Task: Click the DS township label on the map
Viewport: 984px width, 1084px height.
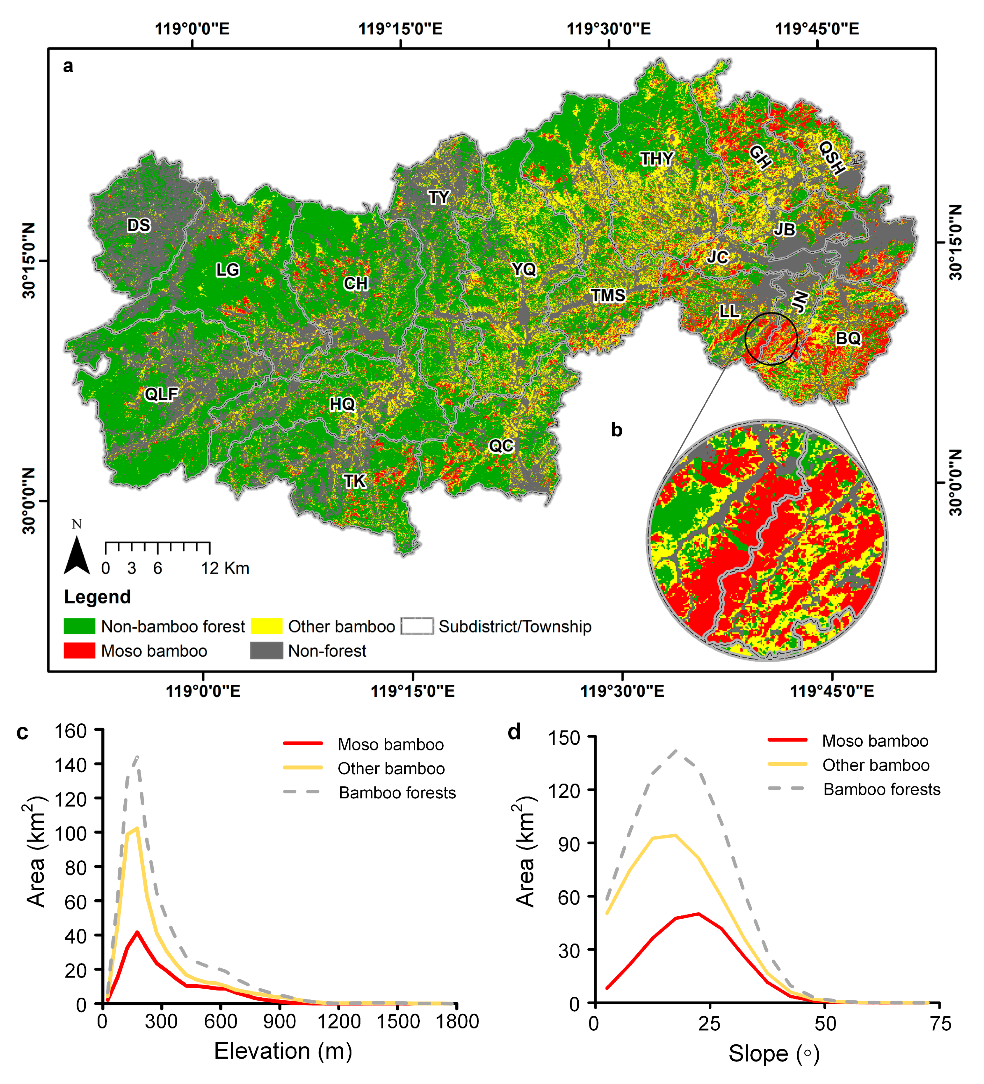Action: tap(139, 225)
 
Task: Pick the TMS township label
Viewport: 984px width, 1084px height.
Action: tap(608, 295)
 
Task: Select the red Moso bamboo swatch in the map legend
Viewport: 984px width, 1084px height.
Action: tap(80, 651)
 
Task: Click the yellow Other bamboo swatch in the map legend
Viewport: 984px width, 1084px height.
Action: tap(266, 626)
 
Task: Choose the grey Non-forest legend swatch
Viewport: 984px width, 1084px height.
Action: tap(266, 651)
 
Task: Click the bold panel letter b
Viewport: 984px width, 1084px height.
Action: tap(617, 430)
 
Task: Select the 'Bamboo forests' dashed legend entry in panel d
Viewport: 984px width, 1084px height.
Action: tap(882, 789)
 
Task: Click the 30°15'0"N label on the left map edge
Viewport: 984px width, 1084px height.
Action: tap(29, 261)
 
